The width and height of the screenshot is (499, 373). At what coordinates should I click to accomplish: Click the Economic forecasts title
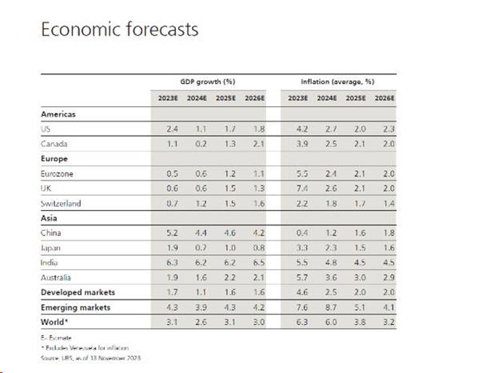pyautogui.click(x=119, y=30)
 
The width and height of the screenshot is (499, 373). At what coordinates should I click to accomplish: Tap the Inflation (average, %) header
pyautogui.click(x=337, y=81)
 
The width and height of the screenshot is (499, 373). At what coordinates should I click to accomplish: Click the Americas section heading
pyautogui.click(x=58, y=114)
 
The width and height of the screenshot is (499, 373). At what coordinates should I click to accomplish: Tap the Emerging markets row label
pyautogui.click(x=75, y=307)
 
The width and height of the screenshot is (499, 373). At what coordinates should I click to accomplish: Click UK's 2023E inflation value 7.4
pyautogui.click(x=297, y=188)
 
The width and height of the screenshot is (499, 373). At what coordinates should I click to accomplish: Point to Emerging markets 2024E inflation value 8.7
pyautogui.click(x=324, y=308)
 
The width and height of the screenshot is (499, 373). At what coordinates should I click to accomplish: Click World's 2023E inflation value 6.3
pyautogui.click(x=297, y=322)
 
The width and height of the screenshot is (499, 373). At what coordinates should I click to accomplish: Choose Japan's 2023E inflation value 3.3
pyautogui.click(x=297, y=248)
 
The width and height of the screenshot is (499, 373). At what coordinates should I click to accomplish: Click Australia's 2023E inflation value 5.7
pyautogui.click(x=297, y=277)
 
